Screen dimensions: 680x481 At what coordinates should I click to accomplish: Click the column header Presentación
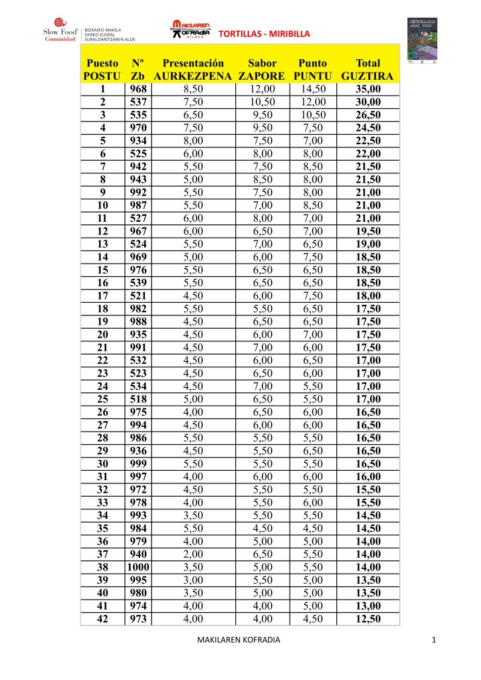pos(193,63)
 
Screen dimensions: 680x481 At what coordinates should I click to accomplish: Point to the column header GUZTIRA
pos(367,76)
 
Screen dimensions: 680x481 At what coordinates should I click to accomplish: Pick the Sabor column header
pos(262,63)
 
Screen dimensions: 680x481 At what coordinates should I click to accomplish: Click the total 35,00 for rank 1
pos(367,89)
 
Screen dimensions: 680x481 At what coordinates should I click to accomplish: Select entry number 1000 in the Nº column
pos(138,567)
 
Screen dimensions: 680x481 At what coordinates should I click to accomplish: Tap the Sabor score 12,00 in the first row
pos(262,89)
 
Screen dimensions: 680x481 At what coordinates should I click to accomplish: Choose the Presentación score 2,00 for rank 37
pos(193,554)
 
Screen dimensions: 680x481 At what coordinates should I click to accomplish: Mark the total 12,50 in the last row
pos(367,619)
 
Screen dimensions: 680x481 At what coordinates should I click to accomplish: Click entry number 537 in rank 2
pos(138,102)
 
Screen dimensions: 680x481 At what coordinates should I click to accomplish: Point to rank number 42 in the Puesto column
pos(102,619)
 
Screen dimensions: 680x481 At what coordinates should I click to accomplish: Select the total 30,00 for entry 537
pos(367,102)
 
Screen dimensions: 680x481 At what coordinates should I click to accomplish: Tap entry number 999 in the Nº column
pos(138,463)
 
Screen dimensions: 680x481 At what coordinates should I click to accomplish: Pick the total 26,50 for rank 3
pos(367,115)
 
